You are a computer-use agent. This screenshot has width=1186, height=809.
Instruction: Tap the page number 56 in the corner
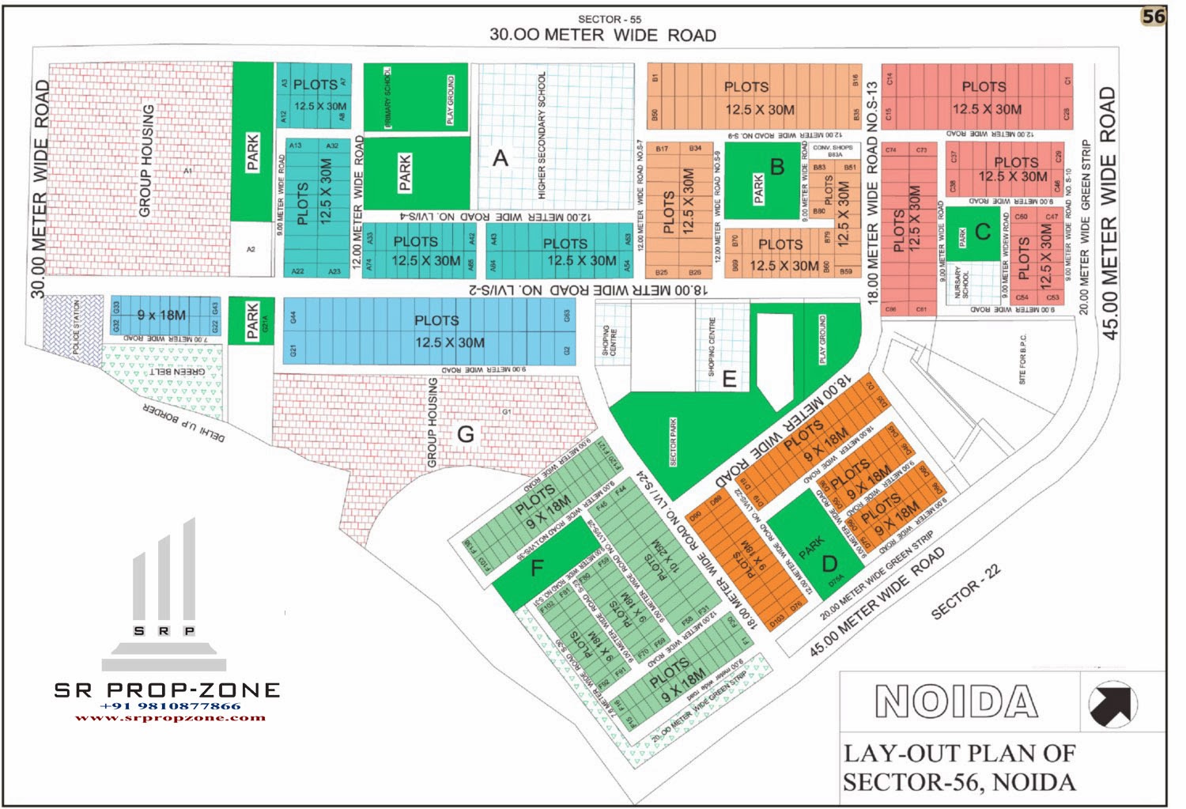1153,17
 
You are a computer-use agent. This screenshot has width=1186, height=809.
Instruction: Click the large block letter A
500,158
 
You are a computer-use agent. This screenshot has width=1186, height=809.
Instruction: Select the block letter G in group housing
466,434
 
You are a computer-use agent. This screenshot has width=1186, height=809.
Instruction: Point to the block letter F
538,568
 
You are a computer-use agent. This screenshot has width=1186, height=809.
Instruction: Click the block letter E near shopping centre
729,379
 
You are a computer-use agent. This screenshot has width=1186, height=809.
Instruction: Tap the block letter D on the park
829,564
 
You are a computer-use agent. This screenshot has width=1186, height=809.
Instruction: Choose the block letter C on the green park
983,231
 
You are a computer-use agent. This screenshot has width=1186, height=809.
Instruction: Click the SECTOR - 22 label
965,592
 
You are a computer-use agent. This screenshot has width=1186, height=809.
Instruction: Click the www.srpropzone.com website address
170,718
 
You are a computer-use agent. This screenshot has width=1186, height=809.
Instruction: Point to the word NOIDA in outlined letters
956,701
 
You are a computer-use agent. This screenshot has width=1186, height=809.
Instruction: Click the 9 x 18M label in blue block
161,316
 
